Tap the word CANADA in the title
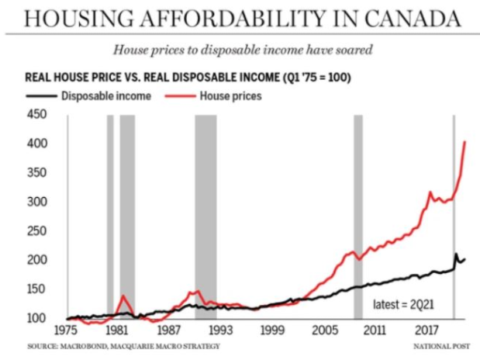(405, 17)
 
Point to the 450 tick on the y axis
(37, 115)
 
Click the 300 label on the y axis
(37, 202)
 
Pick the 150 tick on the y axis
(37, 289)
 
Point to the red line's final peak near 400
(464, 142)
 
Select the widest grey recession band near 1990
(205, 217)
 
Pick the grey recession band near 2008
(358, 217)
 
